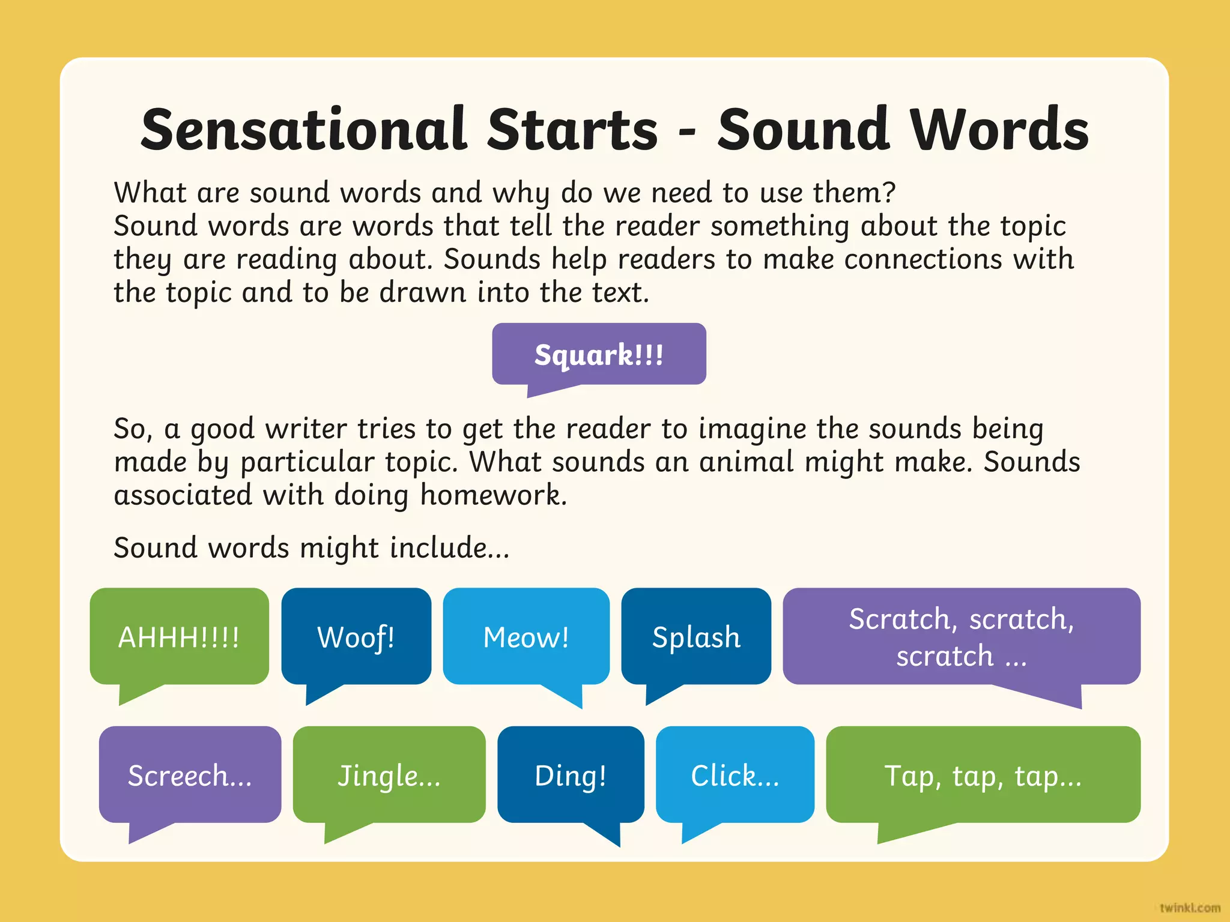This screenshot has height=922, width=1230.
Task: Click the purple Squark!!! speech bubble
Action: [x=599, y=354]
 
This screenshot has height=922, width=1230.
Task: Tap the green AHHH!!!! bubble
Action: [x=179, y=636]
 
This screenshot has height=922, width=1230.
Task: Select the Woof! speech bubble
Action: [x=356, y=636]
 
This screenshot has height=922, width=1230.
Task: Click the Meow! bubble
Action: [x=526, y=636]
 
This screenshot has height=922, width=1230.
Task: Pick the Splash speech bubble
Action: [x=696, y=636]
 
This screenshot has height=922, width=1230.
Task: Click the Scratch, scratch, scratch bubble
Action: [x=961, y=636]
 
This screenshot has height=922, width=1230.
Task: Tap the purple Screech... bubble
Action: [x=190, y=775]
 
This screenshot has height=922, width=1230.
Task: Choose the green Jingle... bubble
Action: [x=389, y=775]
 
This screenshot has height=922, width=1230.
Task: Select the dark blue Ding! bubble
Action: [x=571, y=775]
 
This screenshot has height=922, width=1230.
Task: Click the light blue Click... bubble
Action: [x=735, y=775]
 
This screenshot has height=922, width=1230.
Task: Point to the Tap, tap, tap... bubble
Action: [x=983, y=775]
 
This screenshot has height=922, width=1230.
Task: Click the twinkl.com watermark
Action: [x=1190, y=908]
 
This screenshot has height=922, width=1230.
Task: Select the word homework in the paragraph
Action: [x=492, y=495]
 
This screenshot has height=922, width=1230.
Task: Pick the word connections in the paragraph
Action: [x=923, y=259]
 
